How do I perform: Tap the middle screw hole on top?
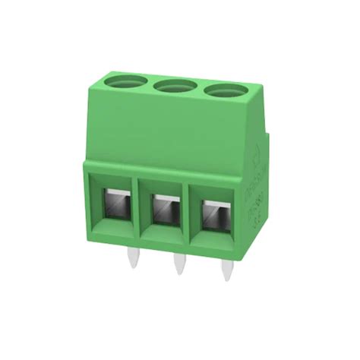click(x=173, y=87)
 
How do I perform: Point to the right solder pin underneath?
click(x=226, y=270)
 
